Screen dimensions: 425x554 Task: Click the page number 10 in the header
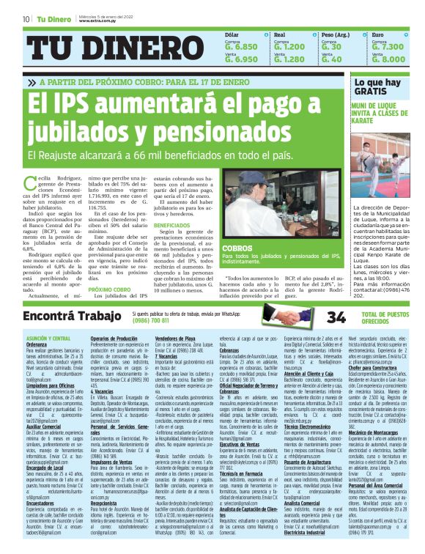coord(26,18)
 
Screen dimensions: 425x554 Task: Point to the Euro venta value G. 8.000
coord(388,59)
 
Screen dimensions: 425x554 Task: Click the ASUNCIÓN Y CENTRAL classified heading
coord(48,337)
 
